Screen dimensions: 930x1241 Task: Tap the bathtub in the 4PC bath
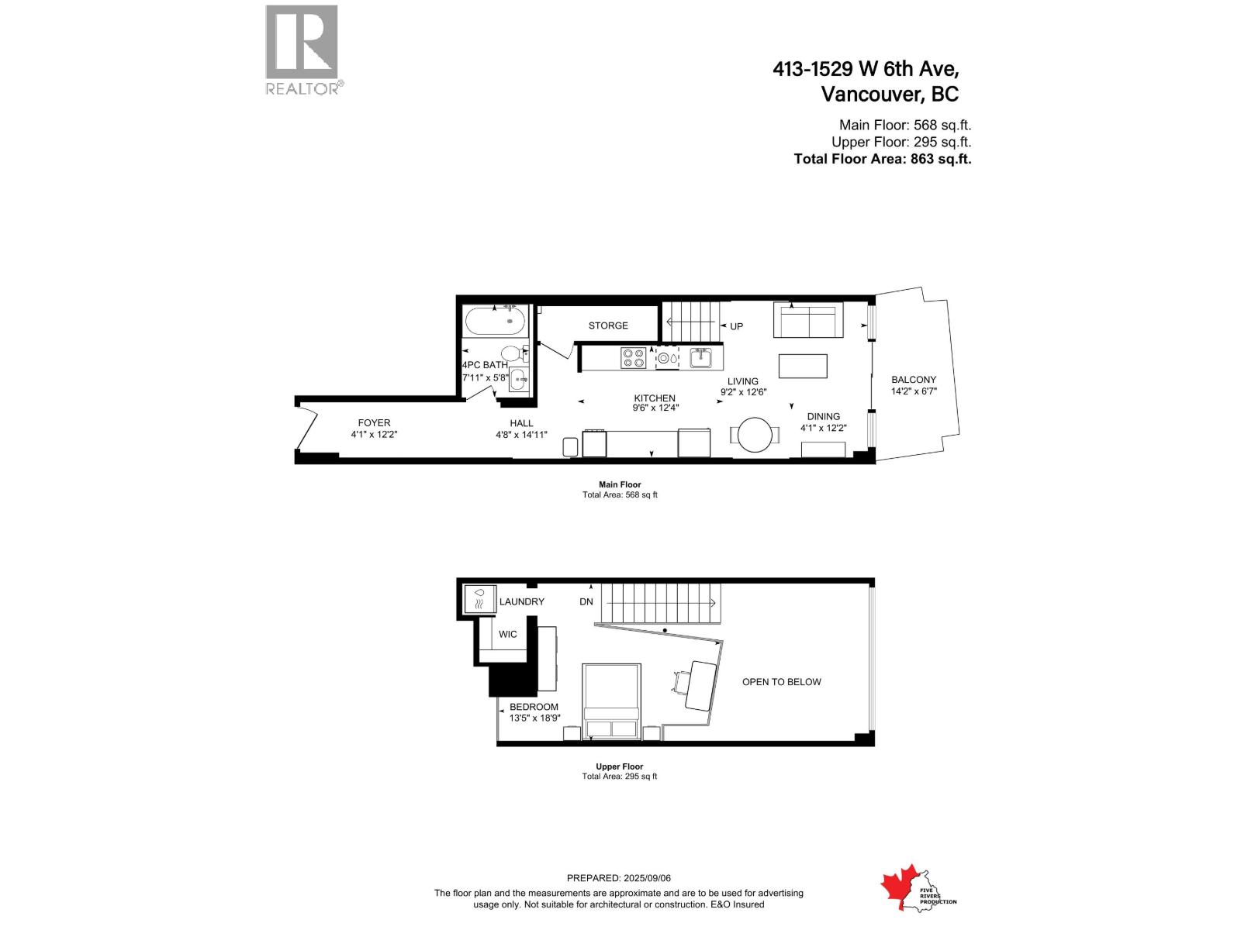click(496, 321)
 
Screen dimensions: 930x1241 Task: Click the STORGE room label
click(608, 325)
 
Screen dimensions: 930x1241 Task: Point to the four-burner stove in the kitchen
click(633, 358)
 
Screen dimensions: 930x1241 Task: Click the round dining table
click(755, 435)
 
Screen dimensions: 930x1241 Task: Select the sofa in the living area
click(808, 320)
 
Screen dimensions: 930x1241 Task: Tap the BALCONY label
click(914, 380)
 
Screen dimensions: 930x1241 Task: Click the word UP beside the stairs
click(736, 326)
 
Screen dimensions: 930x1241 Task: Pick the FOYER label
click(374, 423)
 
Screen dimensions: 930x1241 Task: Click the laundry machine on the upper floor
click(479, 600)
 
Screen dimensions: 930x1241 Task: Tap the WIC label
click(508, 634)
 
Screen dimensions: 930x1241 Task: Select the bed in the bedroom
click(611, 701)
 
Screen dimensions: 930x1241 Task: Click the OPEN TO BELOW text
click(781, 682)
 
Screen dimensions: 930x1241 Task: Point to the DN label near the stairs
click(586, 602)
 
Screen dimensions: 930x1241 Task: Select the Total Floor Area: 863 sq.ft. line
click(882, 159)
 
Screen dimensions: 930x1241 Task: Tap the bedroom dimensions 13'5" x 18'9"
click(534, 718)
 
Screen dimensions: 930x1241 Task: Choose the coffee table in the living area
click(803, 366)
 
